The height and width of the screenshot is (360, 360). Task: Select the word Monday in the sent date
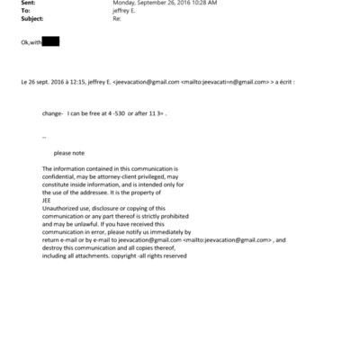click(x=124, y=4)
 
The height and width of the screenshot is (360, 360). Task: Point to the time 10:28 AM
click(x=199, y=4)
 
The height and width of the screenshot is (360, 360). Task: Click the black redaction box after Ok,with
click(x=50, y=41)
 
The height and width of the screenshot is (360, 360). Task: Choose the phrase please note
click(x=68, y=153)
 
